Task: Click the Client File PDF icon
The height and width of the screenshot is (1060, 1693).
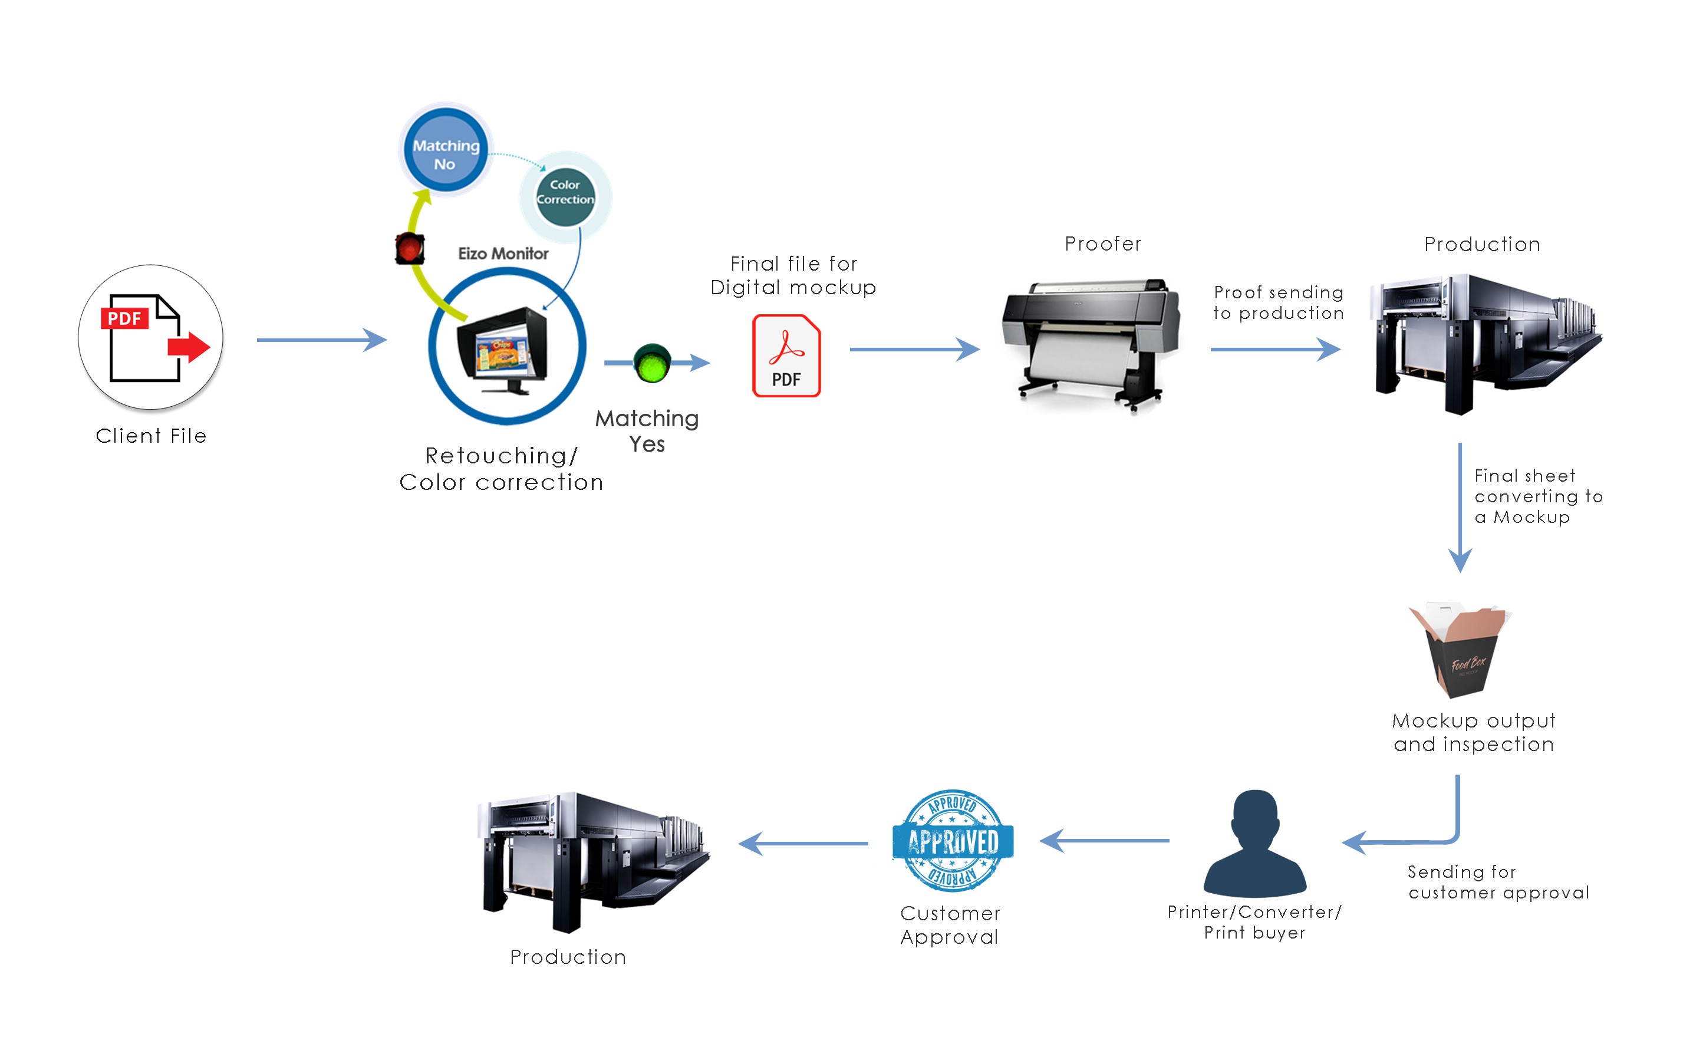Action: pyautogui.click(x=151, y=337)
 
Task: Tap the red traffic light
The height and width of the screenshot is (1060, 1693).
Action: pyautogui.click(x=410, y=248)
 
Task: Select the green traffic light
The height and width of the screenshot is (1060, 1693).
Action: pyautogui.click(x=652, y=363)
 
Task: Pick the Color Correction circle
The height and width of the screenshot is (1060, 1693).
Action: pyautogui.click(x=565, y=196)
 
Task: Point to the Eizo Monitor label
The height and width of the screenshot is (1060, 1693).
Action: pyautogui.click(x=503, y=254)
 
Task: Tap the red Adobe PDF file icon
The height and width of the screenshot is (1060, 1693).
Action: pyautogui.click(x=786, y=355)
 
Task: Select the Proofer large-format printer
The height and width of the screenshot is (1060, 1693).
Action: pyautogui.click(x=1091, y=344)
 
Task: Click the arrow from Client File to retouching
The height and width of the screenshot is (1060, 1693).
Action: pyautogui.click(x=322, y=340)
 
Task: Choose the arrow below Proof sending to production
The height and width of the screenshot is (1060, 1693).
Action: pyautogui.click(x=1275, y=348)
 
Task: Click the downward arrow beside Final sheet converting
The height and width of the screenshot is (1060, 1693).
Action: pyautogui.click(x=1460, y=508)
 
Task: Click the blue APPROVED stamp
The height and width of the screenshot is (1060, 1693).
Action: pyautogui.click(x=953, y=841)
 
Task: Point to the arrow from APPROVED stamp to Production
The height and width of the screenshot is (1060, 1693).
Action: pyautogui.click(x=803, y=844)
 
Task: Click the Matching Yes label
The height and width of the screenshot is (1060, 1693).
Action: pyautogui.click(x=647, y=431)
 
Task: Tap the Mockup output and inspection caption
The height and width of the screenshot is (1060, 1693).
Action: pyautogui.click(x=1474, y=732)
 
